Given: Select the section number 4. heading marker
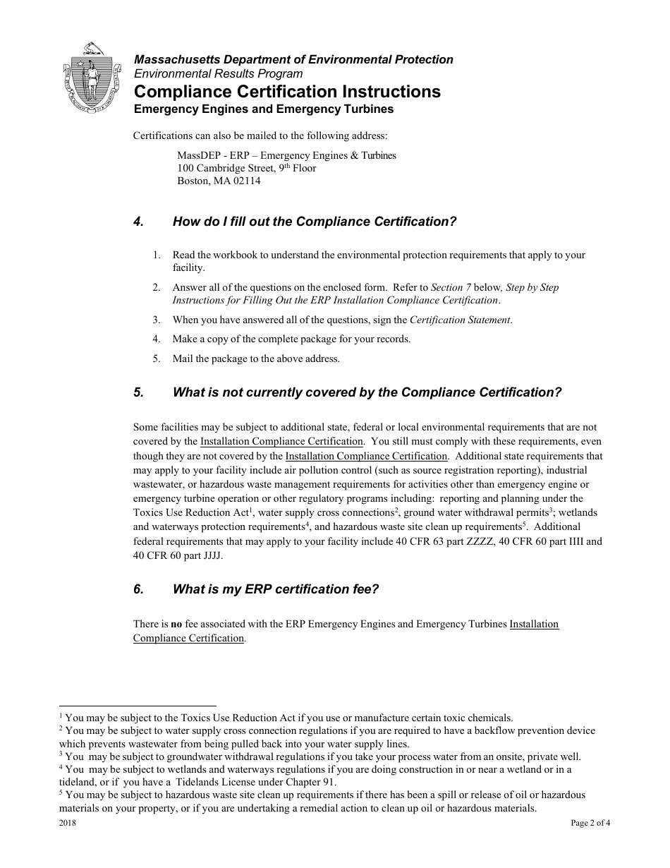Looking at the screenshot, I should tap(139, 222).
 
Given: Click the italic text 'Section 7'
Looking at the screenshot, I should tap(447, 287).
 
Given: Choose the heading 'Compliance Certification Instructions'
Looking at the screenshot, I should tap(287, 92).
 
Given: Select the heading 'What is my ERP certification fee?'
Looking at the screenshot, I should tap(276, 589).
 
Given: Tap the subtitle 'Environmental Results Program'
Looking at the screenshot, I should tap(219, 73).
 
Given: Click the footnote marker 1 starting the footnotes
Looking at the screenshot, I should tap(61, 716).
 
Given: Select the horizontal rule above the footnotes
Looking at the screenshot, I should tap(138, 705).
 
